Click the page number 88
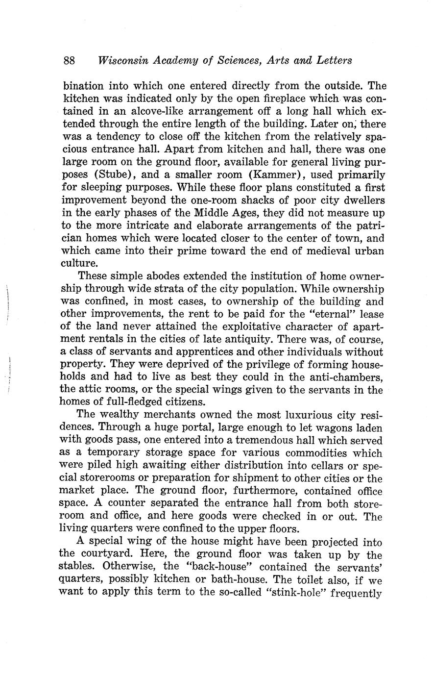coord(69,61)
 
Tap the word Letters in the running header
coord(334,61)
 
